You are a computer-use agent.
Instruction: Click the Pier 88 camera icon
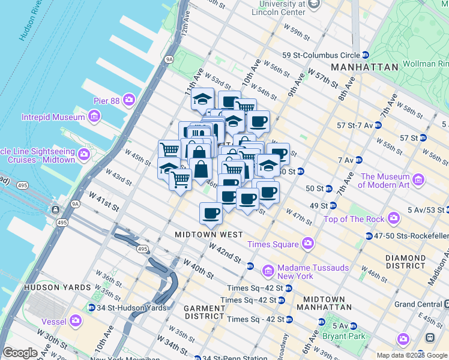(129, 99)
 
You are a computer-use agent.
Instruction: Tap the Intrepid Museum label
(52, 117)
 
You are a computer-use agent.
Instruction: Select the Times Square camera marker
(308, 244)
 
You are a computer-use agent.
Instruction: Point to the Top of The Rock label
(353, 219)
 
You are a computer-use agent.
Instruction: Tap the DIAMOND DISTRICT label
(406, 261)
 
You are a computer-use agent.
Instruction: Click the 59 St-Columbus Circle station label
(321, 55)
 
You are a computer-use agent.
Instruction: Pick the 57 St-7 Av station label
(359, 125)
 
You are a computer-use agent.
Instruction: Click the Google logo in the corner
(20, 353)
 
